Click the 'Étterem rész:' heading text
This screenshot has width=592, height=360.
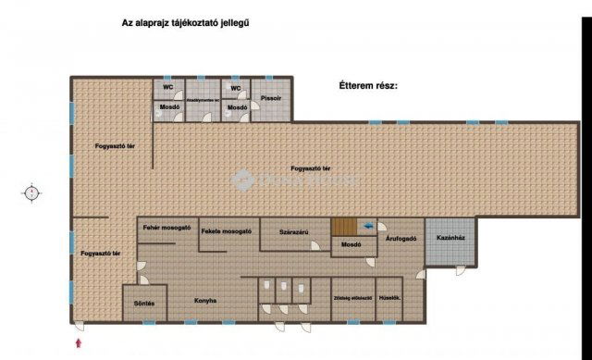click(x=367, y=85)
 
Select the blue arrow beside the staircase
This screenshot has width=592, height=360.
click(x=370, y=225)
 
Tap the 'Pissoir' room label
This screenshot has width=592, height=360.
click(x=271, y=96)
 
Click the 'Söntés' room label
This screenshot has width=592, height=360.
click(x=143, y=304)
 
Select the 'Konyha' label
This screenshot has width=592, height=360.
click(x=205, y=300)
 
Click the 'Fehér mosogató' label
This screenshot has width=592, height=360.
click(x=166, y=228)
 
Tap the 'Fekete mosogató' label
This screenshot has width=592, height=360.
click(x=226, y=230)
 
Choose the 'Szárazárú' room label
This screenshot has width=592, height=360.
click(x=294, y=232)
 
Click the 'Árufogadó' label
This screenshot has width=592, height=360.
click(x=401, y=238)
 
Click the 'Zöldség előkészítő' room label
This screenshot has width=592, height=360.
click(x=351, y=298)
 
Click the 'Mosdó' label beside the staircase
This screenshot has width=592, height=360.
click(x=350, y=246)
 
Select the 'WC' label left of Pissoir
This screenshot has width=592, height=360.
click(x=236, y=88)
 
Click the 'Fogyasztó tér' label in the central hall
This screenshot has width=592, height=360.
click(x=311, y=168)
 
